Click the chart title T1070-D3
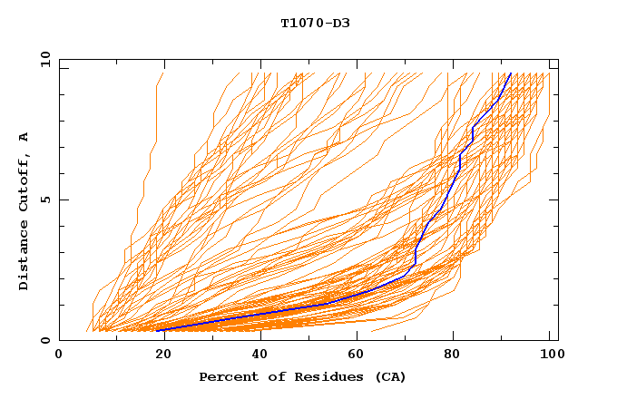315,24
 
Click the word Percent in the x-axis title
226,376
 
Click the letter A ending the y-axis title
24,136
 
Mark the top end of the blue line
511,73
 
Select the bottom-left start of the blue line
158,330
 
